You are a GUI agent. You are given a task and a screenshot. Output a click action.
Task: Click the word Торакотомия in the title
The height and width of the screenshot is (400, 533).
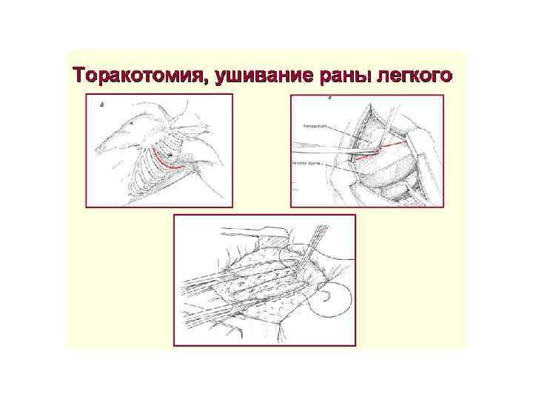coord(133,76)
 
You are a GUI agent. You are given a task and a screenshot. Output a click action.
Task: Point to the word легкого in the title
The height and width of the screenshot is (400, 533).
coord(412,76)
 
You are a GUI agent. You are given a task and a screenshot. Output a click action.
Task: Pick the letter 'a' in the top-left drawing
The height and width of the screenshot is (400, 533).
coord(101,104)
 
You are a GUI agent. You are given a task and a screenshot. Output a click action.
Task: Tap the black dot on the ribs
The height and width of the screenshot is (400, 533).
coord(170,155)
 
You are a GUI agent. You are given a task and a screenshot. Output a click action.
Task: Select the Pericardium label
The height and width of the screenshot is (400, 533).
coord(315,126)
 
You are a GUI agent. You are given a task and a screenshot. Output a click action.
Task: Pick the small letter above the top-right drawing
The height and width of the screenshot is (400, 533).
coord(330,98)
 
